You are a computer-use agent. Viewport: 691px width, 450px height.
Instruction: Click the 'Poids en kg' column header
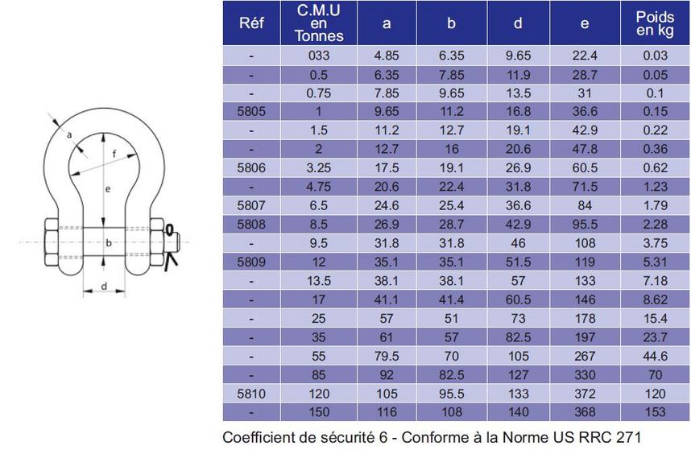(x=655, y=23)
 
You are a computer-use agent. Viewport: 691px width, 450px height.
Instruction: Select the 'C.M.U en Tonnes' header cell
(x=319, y=23)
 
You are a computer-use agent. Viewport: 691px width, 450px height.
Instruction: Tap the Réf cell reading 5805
(x=251, y=111)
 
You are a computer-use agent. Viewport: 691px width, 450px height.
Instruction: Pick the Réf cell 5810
(x=251, y=394)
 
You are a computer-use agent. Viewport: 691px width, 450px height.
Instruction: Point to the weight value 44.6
(x=655, y=357)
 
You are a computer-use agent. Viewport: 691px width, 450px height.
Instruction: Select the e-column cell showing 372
(x=584, y=394)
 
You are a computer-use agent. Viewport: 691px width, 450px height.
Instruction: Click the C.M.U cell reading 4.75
(x=319, y=187)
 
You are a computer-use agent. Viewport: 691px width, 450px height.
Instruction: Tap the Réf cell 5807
(x=251, y=205)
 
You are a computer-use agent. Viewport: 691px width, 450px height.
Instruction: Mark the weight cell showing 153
(x=655, y=412)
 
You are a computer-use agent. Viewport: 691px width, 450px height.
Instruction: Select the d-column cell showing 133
(x=518, y=394)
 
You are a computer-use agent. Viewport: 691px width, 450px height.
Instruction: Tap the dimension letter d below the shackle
(x=105, y=287)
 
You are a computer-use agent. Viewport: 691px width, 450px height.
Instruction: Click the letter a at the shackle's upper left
(x=69, y=133)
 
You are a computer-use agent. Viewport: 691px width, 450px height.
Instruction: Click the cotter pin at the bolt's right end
(x=171, y=242)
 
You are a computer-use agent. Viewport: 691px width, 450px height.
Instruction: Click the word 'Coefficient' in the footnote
(x=263, y=437)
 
